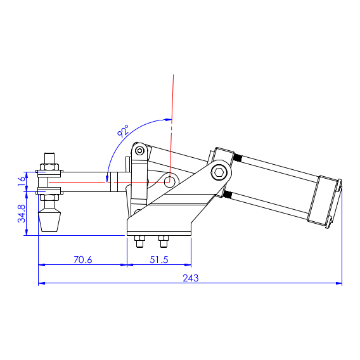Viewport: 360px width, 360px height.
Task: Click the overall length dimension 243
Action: (x=191, y=278)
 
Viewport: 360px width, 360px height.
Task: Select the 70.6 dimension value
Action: (x=83, y=259)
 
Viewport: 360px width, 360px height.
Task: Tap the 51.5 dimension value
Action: (x=160, y=259)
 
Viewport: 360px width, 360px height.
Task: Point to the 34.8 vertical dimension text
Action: (x=22, y=213)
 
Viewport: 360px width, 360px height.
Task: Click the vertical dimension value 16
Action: (x=22, y=180)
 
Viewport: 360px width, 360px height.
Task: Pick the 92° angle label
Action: (x=123, y=132)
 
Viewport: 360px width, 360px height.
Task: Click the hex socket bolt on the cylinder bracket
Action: (x=219, y=172)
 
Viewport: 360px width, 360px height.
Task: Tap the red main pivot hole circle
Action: (x=170, y=181)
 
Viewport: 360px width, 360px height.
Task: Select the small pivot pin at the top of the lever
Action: (x=139, y=151)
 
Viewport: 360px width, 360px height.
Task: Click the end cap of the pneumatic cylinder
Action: (x=325, y=201)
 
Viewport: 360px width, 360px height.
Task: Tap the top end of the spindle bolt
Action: (x=49, y=157)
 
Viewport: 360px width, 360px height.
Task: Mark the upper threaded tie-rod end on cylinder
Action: (x=238, y=158)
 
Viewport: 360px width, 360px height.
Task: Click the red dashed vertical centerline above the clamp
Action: (x=172, y=95)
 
